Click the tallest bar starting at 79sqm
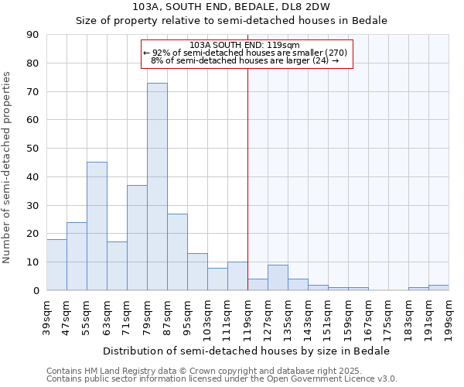(x=157, y=187)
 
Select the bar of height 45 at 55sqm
(x=97, y=226)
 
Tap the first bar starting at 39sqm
(x=56, y=265)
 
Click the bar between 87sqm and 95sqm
(x=177, y=252)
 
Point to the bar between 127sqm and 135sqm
(x=278, y=278)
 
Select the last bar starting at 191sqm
(x=438, y=287)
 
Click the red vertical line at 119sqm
(x=247, y=178)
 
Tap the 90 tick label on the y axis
(x=32, y=35)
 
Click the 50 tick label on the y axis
(x=32, y=149)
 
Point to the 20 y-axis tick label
(x=32, y=234)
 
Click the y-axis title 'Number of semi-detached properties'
(x=8, y=167)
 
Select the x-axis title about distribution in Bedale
(x=247, y=351)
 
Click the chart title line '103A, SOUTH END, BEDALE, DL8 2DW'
(x=231, y=6)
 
